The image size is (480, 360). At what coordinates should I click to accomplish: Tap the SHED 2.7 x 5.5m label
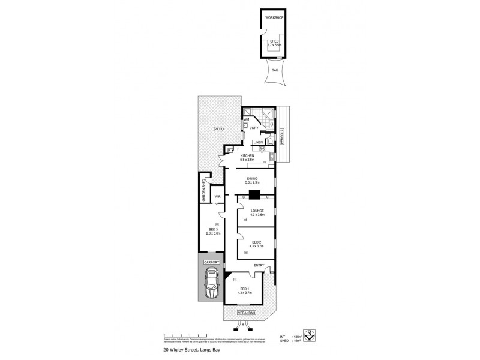point(274,43)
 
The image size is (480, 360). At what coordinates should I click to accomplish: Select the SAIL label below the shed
point(274,70)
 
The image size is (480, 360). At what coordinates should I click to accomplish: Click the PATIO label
point(218,129)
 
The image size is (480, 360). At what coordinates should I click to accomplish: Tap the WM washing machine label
point(246,119)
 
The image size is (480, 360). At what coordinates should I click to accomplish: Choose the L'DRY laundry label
point(254,127)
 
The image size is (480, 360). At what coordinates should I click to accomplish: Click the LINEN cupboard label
point(257,142)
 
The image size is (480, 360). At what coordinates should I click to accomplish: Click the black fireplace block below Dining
point(255,194)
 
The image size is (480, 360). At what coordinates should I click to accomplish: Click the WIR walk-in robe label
point(218,196)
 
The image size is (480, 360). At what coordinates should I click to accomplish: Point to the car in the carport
point(211,284)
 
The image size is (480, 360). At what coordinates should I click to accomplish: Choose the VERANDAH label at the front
point(245,313)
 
